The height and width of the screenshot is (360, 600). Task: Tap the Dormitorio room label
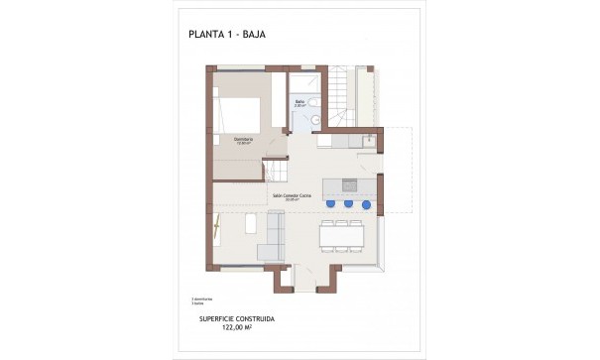pos(243,139)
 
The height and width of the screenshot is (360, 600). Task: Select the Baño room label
pos(300,101)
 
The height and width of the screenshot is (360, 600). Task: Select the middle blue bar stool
pos(348,204)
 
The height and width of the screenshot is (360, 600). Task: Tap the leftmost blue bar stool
pos(330,204)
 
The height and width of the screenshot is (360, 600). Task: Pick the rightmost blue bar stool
pos(366,204)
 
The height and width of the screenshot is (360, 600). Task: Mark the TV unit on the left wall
pos(215,234)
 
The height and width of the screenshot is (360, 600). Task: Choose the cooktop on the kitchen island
pos(348,183)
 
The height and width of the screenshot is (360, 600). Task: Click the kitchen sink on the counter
pos(367,141)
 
